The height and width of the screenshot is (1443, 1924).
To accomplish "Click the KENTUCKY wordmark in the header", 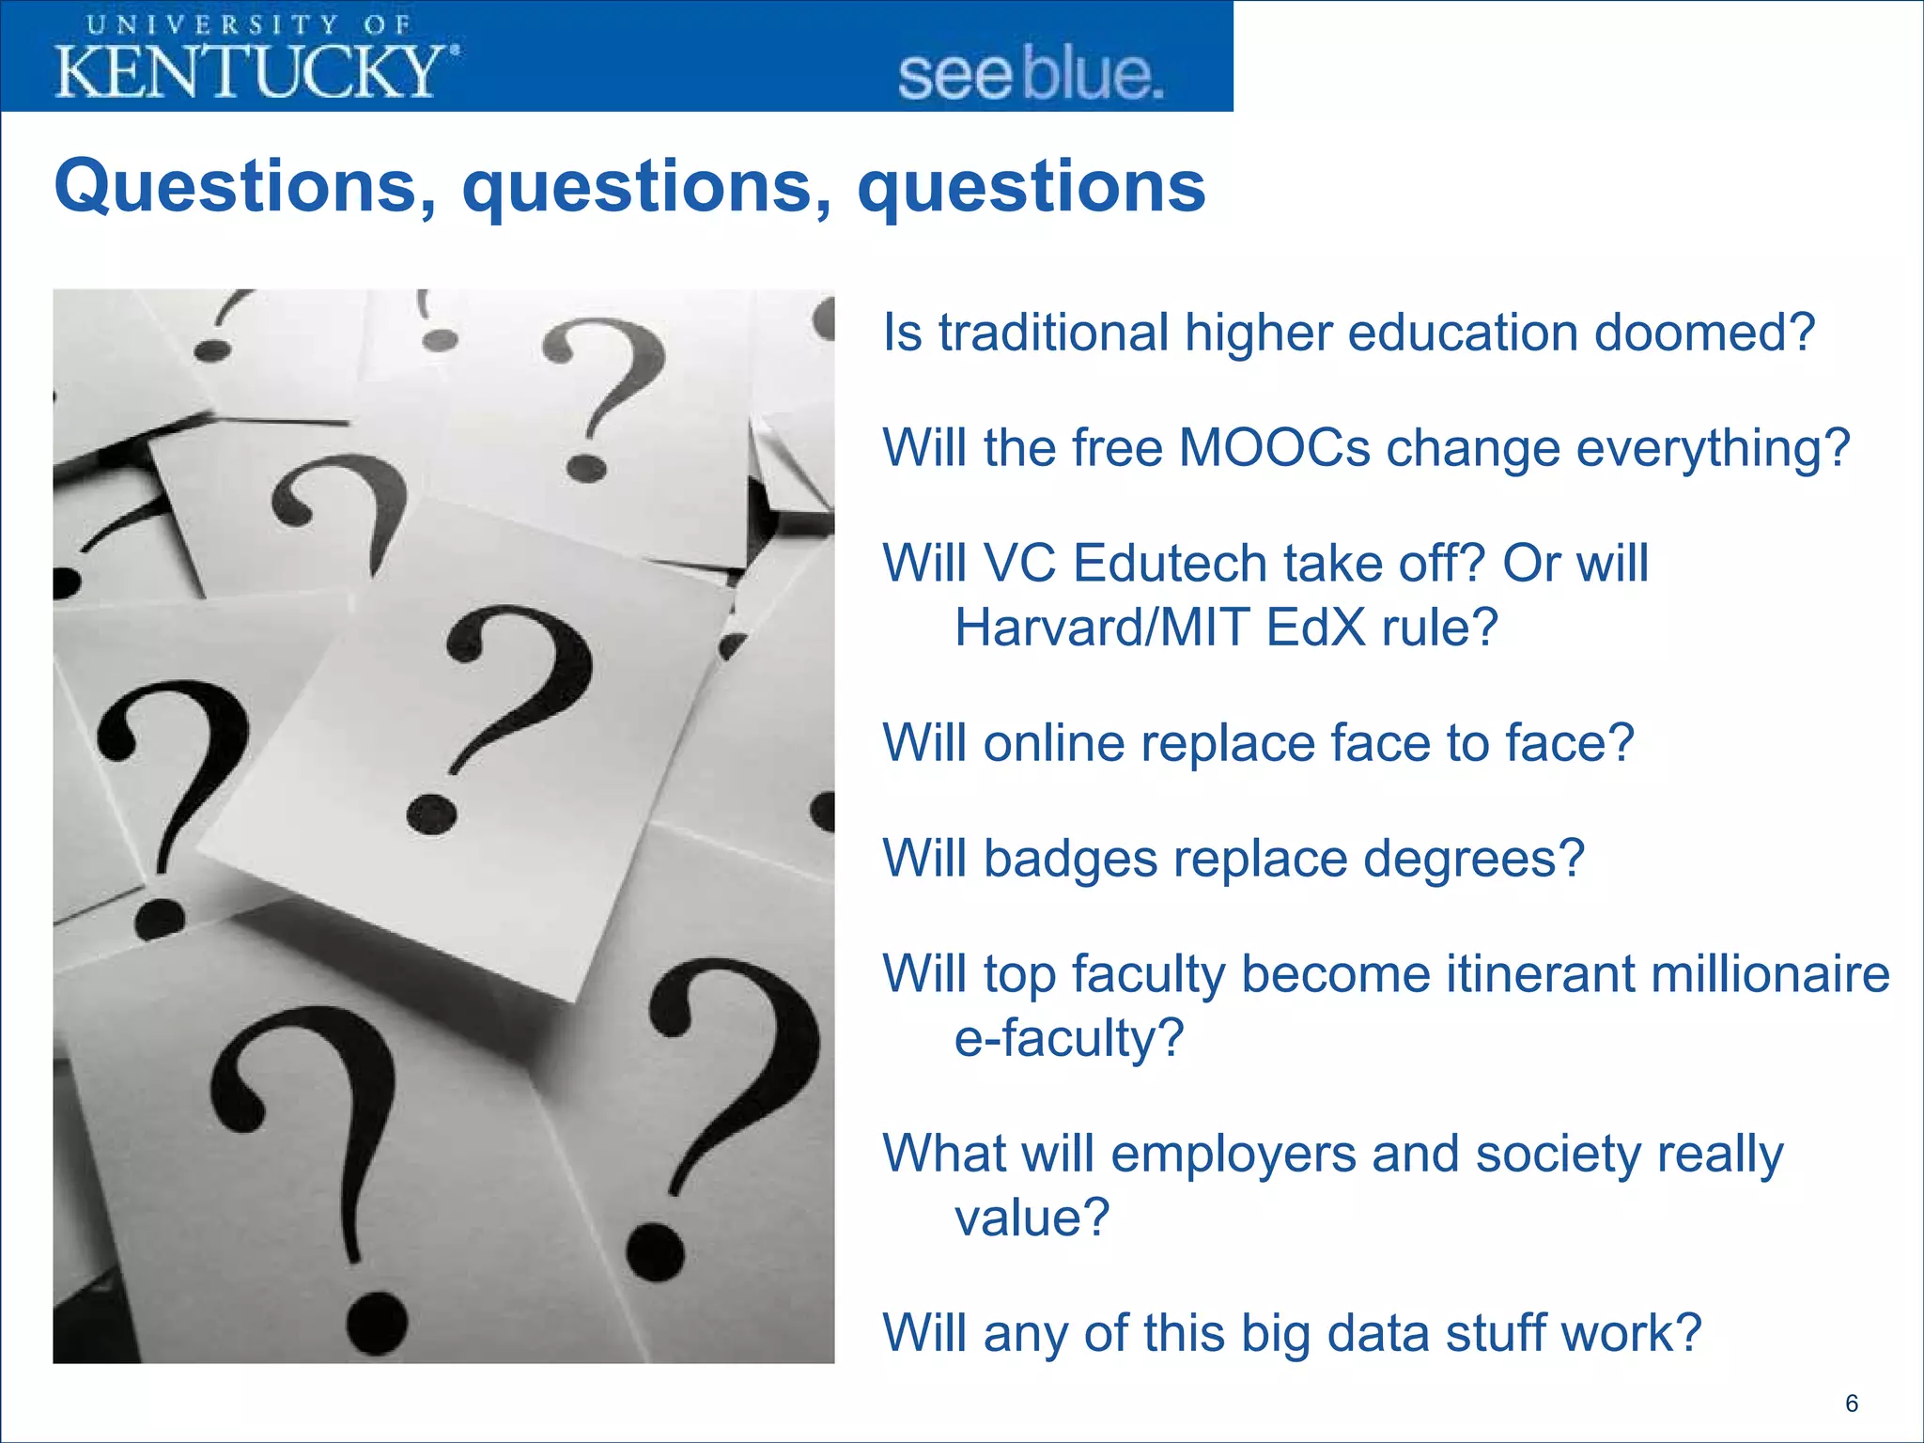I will [256, 70].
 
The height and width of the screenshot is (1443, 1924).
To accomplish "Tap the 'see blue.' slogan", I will [1031, 75].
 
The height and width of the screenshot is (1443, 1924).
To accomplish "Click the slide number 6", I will [1852, 1403].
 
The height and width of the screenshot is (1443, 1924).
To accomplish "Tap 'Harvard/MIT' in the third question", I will [1102, 628].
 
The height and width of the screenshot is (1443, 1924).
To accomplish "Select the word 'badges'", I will [1070, 859].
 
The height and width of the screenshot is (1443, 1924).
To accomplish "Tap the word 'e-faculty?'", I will [1069, 1038].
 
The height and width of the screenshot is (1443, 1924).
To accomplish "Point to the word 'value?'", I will [1032, 1218].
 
